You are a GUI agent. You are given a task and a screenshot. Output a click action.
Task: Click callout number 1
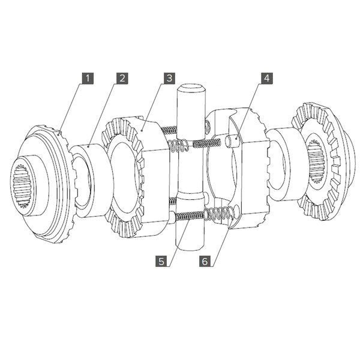(x=89, y=78)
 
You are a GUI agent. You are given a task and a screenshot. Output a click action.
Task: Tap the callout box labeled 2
(x=122, y=78)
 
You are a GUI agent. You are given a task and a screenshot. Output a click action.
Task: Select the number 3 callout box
(x=170, y=78)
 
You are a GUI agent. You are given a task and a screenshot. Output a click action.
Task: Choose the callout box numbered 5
(x=161, y=261)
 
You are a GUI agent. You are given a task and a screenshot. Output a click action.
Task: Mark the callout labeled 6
(x=205, y=261)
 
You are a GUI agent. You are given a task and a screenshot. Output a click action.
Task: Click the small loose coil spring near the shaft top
(x=178, y=145)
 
